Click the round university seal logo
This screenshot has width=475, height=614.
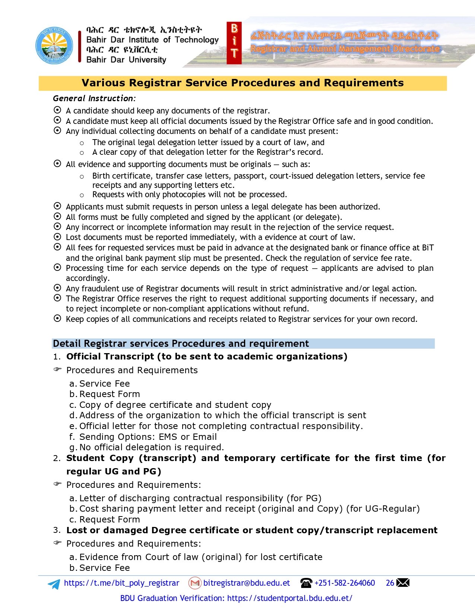click(x=54, y=45)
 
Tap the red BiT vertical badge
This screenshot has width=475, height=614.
click(x=234, y=43)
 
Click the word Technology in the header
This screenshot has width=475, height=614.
click(x=197, y=40)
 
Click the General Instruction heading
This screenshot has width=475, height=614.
click(x=94, y=99)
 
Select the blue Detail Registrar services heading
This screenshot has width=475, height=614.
click(x=181, y=343)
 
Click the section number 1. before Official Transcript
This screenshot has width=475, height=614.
click(x=57, y=357)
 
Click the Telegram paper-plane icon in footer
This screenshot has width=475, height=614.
click(x=54, y=584)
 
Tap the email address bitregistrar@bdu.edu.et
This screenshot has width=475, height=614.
click(x=246, y=583)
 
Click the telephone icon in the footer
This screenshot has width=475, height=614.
click(x=306, y=583)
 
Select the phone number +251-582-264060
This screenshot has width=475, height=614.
click(x=345, y=583)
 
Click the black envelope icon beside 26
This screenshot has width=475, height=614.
click(x=403, y=583)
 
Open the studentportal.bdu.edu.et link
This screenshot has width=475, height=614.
click(x=289, y=598)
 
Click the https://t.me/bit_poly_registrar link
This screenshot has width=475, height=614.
click(x=121, y=583)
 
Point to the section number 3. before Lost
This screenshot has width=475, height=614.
click(x=57, y=530)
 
